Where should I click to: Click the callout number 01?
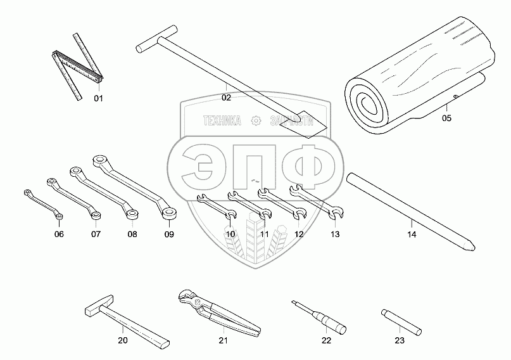point(98,98)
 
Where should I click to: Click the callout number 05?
point(446,117)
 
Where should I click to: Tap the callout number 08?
point(132,234)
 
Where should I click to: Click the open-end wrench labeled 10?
point(216,207)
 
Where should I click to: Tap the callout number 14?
point(412,235)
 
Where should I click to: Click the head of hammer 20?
point(99,307)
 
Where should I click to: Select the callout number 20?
point(122,340)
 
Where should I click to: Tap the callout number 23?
point(398,340)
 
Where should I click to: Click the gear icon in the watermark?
point(255,120)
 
